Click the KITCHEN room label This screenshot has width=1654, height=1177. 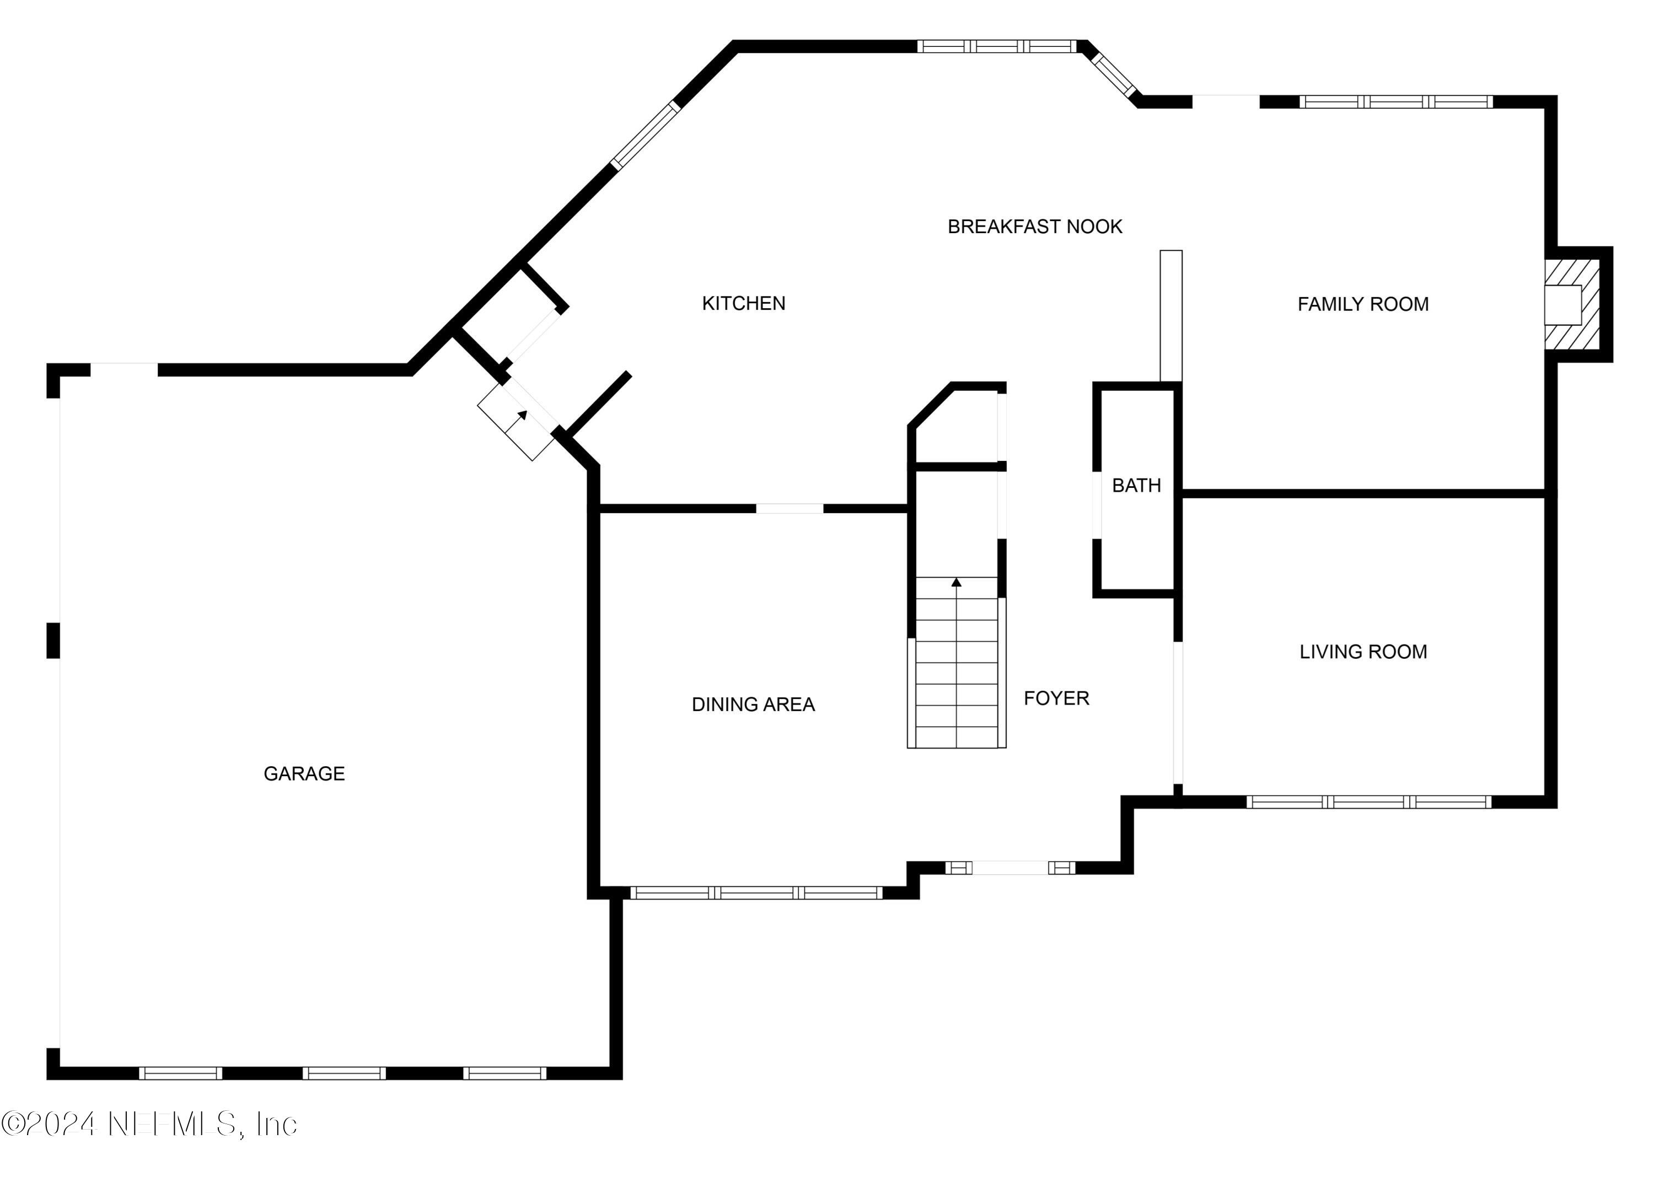tap(743, 303)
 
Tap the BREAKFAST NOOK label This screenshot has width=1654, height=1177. tap(1034, 227)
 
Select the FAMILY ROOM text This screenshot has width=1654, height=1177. tap(1363, 304)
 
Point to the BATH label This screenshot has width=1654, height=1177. tap(1136, 486)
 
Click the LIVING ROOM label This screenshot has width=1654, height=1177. tap(1363, 652)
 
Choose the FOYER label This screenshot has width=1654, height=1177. tap(1056, 698)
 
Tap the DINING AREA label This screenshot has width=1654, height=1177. tap(753, 705)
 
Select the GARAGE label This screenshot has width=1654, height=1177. tap(304, 773)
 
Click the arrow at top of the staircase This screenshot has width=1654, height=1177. tap(956, 582)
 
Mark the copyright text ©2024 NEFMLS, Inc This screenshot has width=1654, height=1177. tap(149, 1124)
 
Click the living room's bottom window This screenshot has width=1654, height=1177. tap(1368, 802)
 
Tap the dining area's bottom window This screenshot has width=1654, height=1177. tap(756, 893)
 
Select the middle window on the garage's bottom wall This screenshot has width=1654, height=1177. tap(343, 1073)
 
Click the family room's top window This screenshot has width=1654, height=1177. tap(1395, 102)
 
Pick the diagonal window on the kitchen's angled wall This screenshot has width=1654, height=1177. tap(646, 136)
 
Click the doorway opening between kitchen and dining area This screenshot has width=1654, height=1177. tap(790, 509)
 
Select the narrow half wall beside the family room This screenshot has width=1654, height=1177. tap(1170, 316)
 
